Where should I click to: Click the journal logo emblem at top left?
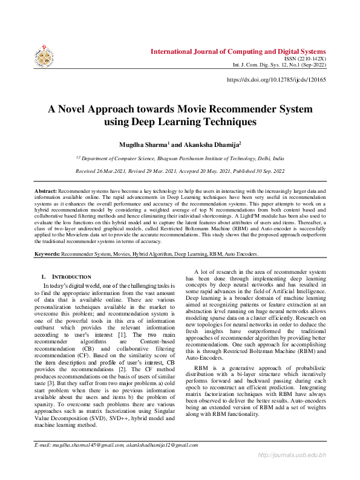(44, 55)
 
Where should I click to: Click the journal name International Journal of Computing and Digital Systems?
(239, 51)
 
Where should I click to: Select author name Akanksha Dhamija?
(201, 145)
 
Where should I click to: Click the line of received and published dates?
(180, 171)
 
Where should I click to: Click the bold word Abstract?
(45, 191)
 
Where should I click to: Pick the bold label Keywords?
(47, 254)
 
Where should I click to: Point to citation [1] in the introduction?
(121, 334)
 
